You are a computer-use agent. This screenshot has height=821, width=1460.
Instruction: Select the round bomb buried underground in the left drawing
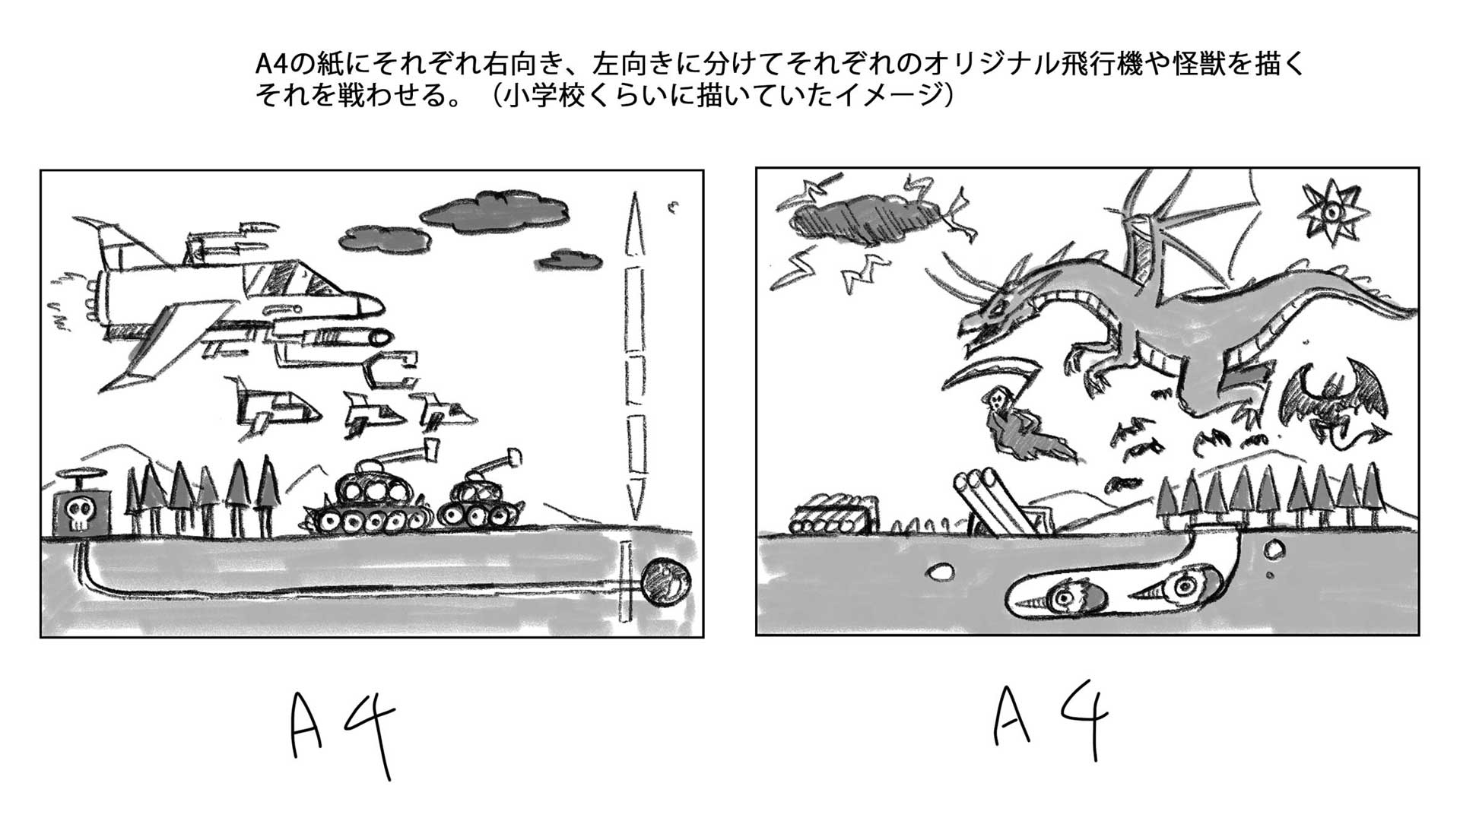pyautogui.click(x=667, y=583)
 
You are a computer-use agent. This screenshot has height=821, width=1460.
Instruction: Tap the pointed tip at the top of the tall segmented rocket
pyautogui.click(x=631, y=195)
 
